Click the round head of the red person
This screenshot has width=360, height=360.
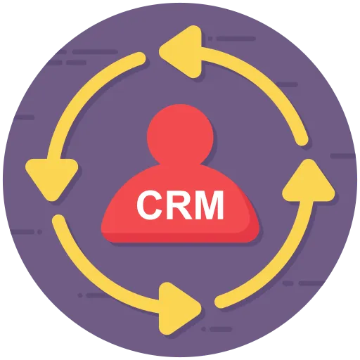click(x=180, y=135)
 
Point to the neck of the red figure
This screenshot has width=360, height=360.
click(x=180, y=163)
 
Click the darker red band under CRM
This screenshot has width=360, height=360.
click(x=180, y=237)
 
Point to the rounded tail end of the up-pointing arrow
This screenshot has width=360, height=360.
click(x=221, y=302)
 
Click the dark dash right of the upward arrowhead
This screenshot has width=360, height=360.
click(x=342, y=155)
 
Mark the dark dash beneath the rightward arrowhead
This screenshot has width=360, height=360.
click(x=221, y=329)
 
